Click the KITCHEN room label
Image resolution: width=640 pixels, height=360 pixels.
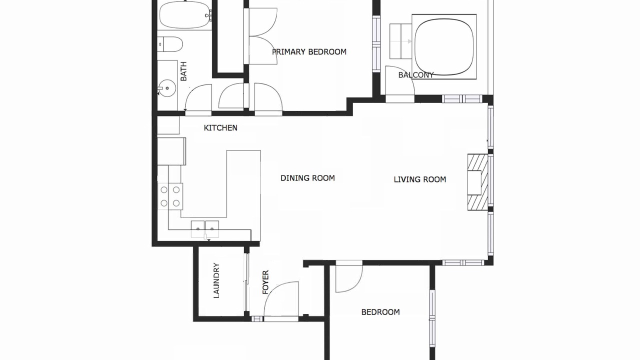click(220, 127)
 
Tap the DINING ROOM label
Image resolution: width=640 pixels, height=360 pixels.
click(307, 178)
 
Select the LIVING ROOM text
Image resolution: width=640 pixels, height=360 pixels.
click(419, 179)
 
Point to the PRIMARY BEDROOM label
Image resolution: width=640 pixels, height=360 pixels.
click(309, 51)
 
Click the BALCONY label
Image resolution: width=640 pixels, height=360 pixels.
click(416, 75)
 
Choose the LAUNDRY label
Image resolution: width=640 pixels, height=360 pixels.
click(216, 280)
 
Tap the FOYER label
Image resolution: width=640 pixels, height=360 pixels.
click(265, 282)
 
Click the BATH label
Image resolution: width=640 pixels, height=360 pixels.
click(183, 71)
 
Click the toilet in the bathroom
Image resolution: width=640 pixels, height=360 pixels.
click(170, 44)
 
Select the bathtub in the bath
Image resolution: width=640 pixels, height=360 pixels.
click(185, 15)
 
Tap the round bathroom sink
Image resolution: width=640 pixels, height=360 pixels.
click(167, 87)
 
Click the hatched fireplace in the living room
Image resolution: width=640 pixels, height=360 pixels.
click(477, 182)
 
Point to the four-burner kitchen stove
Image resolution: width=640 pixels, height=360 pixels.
click(170, 196)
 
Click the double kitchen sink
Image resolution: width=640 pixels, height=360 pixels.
click(205, 229)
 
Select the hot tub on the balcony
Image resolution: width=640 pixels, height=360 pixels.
click(444, 46)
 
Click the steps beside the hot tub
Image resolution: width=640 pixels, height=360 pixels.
click(400, 41)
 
